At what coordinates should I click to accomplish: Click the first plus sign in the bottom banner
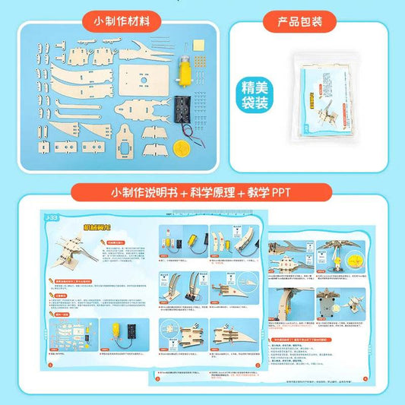[184, 190]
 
